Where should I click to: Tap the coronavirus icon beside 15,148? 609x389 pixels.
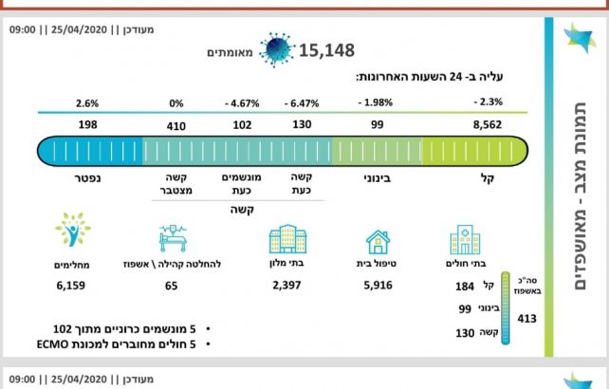[278, 49]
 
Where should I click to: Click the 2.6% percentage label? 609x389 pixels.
[85, 102]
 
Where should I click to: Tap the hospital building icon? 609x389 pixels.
[465, 240]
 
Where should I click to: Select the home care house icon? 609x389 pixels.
[377, 242]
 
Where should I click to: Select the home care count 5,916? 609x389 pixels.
[377, 285]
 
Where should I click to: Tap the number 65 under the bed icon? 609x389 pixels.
[172, 285]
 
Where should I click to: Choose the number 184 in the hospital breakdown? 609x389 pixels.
[464, 285]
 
